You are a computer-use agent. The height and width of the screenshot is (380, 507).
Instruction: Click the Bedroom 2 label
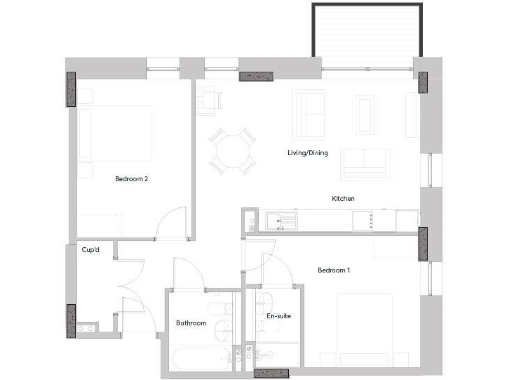point(131,179)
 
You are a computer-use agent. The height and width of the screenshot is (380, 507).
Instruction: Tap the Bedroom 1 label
point(333,270)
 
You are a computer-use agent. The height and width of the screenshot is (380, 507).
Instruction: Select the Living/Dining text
point(308,152)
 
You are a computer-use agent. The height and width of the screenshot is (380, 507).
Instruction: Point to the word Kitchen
point(343,199)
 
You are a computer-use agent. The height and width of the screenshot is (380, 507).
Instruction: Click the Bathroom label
point(191,323)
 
